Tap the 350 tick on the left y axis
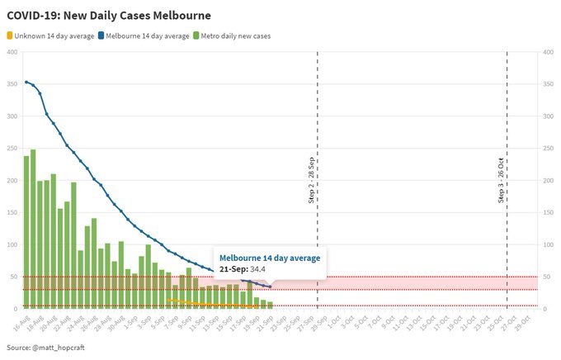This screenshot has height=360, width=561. pos(12,84)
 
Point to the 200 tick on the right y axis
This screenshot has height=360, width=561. pos(547,181)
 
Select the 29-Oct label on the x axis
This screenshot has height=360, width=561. pos(521,321)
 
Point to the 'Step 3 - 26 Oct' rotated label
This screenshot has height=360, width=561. pos(502,180)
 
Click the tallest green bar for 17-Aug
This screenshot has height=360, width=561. pos(33,229)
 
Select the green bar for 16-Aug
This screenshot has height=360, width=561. pos(26,232)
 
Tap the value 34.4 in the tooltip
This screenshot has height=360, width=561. pos(258,269)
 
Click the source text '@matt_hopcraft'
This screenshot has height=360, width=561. pos(59,348)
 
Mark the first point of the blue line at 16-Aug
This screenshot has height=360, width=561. pos(26,82)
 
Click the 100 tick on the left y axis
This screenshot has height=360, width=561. pos(12,245)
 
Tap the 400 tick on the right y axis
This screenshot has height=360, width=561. pos(547,52)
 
